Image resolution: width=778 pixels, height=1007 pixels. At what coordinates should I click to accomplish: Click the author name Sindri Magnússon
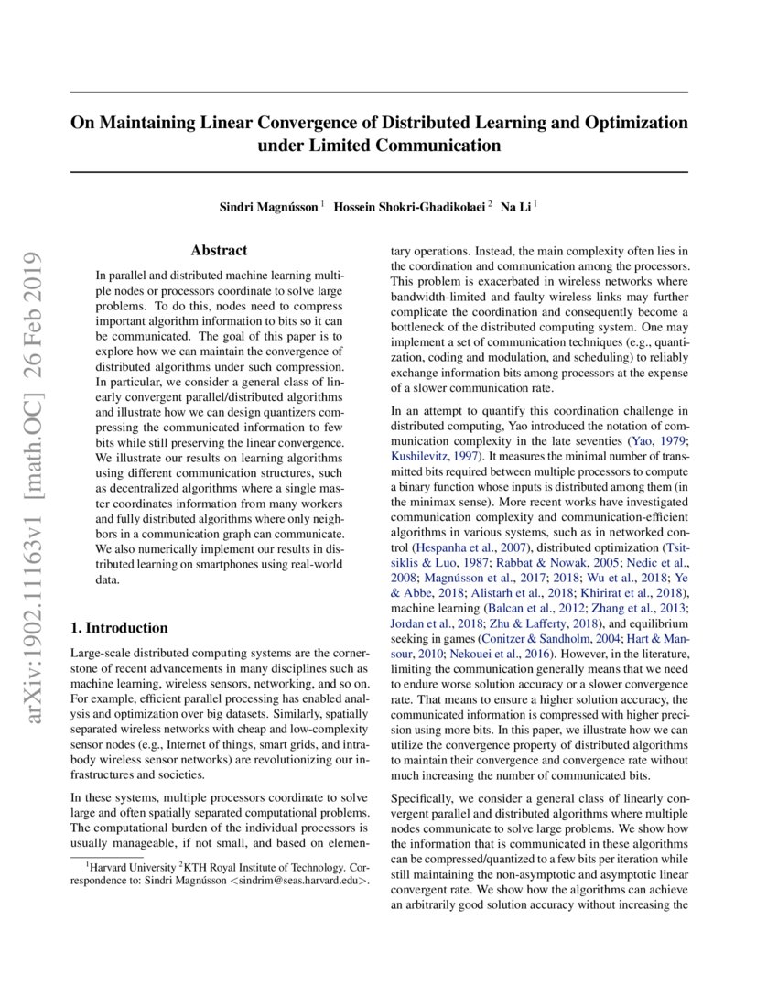point(268,208)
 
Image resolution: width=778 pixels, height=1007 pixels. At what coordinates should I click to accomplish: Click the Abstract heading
point(219,250)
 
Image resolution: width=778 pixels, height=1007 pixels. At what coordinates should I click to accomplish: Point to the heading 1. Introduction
point(119,628)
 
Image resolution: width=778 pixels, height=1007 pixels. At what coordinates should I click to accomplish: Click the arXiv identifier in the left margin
point(37,440)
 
